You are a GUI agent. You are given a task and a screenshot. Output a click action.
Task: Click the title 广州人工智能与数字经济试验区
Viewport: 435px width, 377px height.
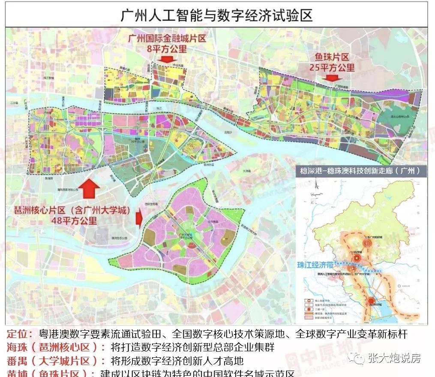coord(217,15)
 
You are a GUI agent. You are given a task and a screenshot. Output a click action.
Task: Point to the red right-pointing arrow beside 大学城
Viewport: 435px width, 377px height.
coord(139,218)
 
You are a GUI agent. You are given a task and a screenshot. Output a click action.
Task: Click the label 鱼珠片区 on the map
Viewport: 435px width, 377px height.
coord(332,57)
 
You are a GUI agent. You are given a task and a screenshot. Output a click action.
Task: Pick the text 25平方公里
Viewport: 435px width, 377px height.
coord(332,67)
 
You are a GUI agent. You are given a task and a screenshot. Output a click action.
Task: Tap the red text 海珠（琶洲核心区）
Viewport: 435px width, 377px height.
coord(54,347)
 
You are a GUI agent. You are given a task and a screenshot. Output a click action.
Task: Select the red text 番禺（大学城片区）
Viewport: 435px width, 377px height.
coord(54,361)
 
